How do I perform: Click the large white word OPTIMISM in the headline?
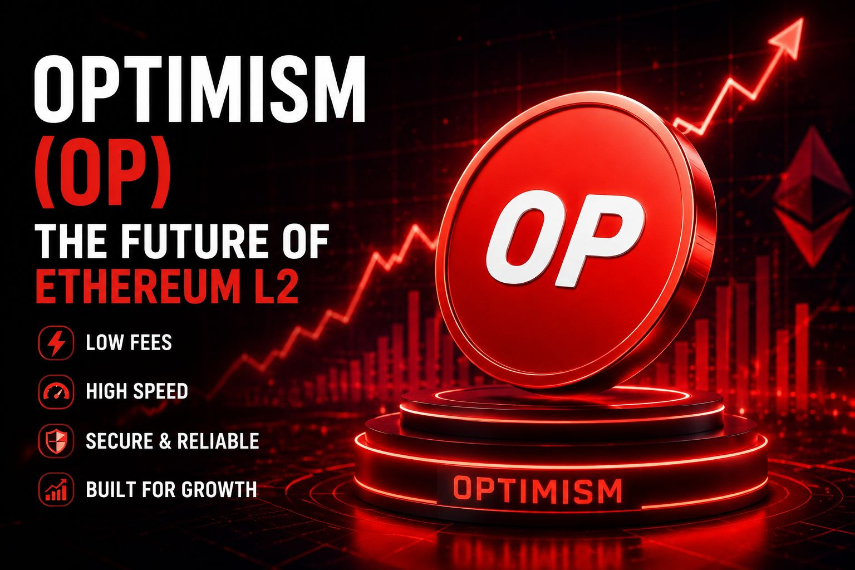pyautogui.click(x=199, y=89)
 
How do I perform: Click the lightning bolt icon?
pyautogui.click(x=56, y=342)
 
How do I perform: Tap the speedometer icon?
pyautogui.click(x=56, y=392)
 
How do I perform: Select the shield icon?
pyautogui.click(x=56, y=440)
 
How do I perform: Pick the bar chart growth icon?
pyautogui.click(x=56, y=489)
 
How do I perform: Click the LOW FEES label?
pyautogui.click(x=129, y=342)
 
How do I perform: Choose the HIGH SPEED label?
pyautogui.click(x=137, y=391)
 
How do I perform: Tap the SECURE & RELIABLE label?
pyautogui.click(x=173, y=440)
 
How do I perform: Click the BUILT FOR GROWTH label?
pyautogui.click(x=171, y=489)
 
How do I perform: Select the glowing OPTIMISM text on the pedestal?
pyautogui.click(x=537, y=490)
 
